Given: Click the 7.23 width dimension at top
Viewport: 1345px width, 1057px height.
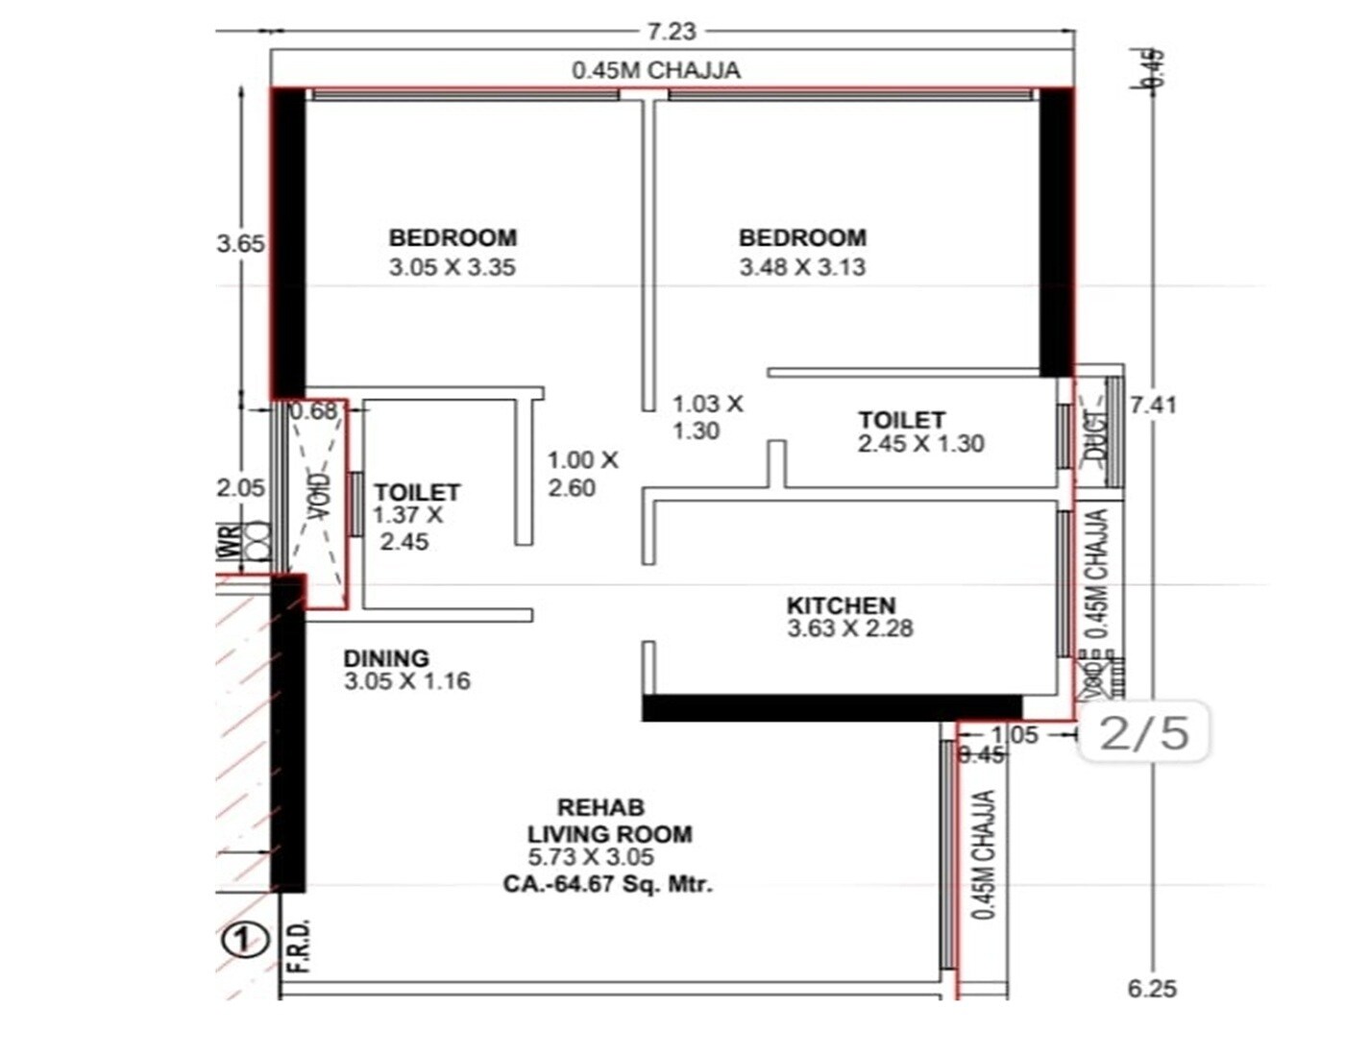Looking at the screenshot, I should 671,31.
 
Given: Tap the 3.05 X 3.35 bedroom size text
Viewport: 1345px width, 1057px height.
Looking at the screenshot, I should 452,267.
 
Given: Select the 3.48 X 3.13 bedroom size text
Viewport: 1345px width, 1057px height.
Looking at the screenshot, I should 802,267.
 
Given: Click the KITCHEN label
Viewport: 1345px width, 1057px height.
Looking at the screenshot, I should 841,605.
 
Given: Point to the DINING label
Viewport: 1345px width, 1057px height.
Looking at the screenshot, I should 386,658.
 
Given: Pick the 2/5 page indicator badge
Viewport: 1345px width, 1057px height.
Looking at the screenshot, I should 1143,732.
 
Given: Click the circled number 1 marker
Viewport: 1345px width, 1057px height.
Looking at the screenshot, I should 245,939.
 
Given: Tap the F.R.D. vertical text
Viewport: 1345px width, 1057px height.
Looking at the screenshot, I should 300,946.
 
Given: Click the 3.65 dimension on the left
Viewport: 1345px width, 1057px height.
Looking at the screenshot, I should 240,243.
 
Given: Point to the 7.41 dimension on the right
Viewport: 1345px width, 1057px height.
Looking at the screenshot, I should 1153,405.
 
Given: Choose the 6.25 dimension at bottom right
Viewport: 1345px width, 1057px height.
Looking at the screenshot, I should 1152,988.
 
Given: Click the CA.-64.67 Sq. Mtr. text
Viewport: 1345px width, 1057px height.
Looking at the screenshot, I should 607,884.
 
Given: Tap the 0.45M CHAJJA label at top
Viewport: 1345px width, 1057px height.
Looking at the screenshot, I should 656,70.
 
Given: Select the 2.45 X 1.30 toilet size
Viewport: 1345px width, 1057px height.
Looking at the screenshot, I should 920,444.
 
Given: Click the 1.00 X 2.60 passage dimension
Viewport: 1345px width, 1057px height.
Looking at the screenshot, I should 582,474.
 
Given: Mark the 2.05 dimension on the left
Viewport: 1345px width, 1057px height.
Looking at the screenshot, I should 240,487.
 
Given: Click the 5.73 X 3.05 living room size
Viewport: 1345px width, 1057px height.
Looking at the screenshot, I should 591,858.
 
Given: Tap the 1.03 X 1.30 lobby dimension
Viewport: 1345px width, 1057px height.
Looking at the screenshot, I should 706,417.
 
